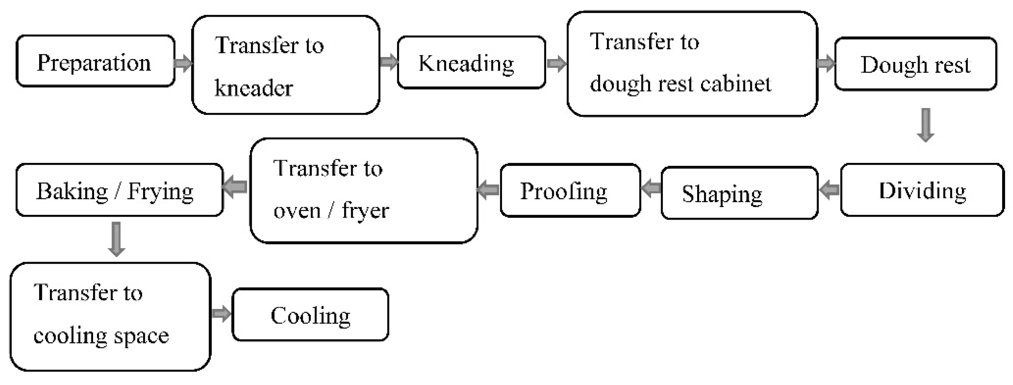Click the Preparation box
(x=95, y=61)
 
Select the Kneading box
(x=471, y=63)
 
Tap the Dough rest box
(x=916, y=64)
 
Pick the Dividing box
(x=922, y=191)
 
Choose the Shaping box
(x=739, y=193)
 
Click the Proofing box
(x=570, y=191)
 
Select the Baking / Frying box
(x=119, y=191)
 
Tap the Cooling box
(x=310, y=315)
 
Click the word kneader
(x=254, y=88)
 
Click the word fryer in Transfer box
(x=365, y=211)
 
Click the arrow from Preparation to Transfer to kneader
(x=183, y=63)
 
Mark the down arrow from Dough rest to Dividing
(x=926, y=125)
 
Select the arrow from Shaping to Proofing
(x=651, y=188)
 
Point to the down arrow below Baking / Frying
(x=116, y=239)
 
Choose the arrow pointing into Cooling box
(x=221, y=313)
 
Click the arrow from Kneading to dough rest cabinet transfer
(x=556, y=63)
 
